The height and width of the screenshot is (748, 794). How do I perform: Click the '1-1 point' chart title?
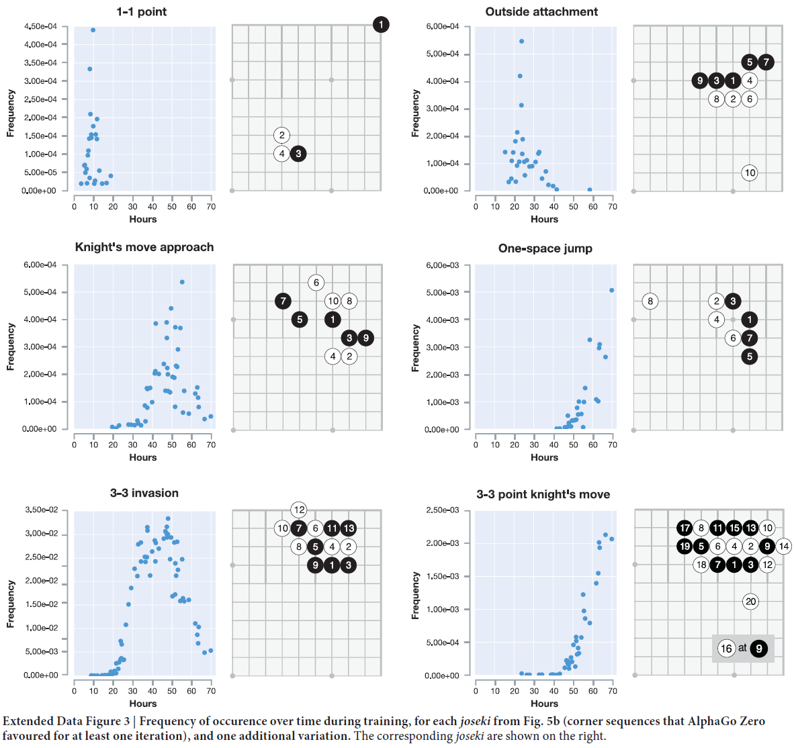click(141, 11)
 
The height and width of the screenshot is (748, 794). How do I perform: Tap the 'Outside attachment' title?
click(541, 11)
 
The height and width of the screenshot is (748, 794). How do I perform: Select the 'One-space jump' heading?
click(545, 248)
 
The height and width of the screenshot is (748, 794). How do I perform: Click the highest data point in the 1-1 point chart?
click(93, 30)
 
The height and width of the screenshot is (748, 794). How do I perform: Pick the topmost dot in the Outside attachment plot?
click(521, 42)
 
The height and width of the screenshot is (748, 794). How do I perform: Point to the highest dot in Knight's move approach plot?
click(182, 282)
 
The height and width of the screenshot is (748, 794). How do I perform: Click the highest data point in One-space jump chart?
click(611, 290)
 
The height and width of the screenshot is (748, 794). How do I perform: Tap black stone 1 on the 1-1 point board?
click(381, 25)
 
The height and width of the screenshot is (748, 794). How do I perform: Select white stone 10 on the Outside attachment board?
click(750, 173)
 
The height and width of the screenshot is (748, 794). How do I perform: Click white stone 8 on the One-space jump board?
click(650, 301)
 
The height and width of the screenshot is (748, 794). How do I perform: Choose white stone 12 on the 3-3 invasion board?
click(299, 510)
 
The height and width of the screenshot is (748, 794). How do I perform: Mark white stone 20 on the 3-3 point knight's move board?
click(750, 602)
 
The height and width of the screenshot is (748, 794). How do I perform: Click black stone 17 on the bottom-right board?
click(685, 528)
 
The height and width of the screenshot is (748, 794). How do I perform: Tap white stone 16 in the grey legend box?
click(726, 649)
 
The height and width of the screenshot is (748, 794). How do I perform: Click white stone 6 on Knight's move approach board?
click(316, 283)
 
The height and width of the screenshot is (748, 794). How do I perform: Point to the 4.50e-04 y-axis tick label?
click(41, 26)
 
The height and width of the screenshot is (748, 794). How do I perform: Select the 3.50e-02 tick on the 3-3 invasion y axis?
click(41, 510)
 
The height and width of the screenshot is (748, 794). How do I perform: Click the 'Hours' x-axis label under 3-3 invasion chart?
click(142, 704)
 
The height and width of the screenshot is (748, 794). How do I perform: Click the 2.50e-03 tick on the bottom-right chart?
click(443, 510)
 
